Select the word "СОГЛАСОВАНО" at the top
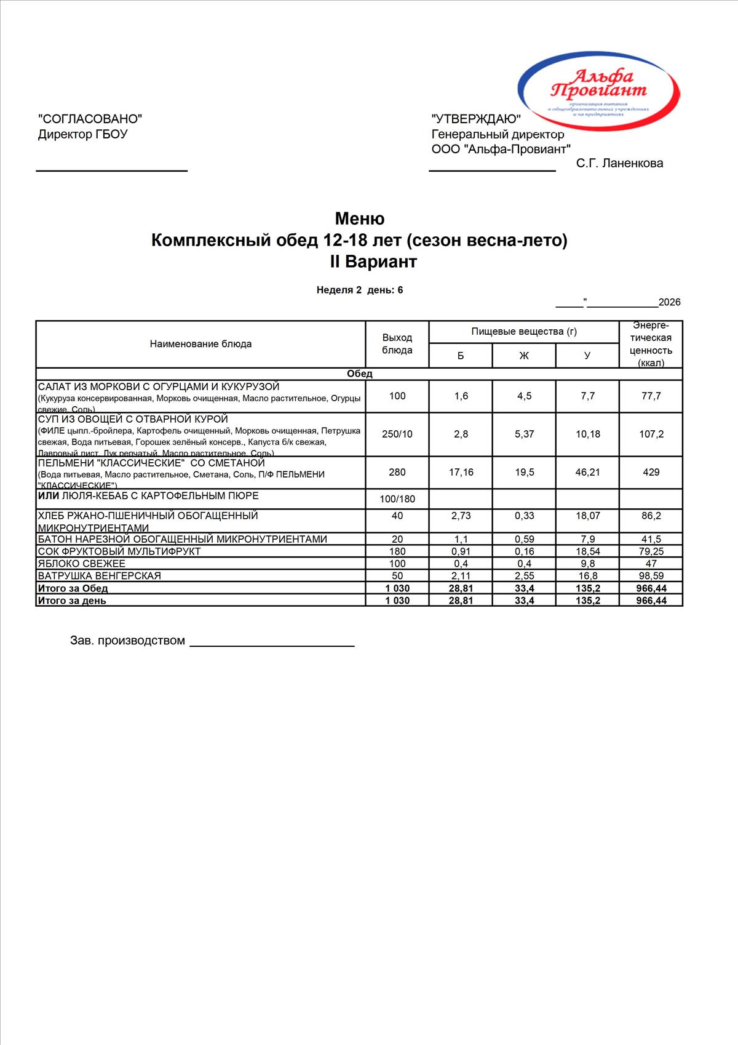coord(90,119)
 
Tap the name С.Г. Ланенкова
coord(619,163)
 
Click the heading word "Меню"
coord(360,218)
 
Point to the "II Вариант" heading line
coord(373,262)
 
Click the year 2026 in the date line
coord(669,302)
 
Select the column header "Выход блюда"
coord(397,344)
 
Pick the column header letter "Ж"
coord(524,356)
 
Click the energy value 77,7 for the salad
coord(651,396)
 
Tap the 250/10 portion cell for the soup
coord(397,434)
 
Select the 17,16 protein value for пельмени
coord(461,472)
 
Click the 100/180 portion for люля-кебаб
coord(398,499)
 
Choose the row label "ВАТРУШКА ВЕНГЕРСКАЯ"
coord(100,576)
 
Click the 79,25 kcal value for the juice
coord(651,551)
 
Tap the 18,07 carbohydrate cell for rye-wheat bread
coord(587,516)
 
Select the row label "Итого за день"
coord(72,601)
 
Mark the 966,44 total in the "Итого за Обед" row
coord(651,588)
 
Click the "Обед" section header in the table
coord(360,374)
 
